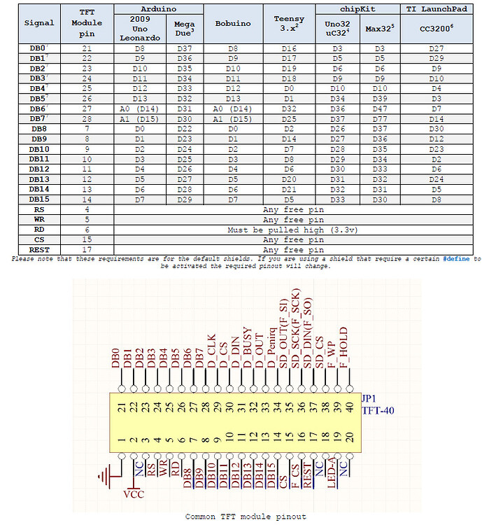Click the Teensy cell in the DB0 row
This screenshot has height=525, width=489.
[289, 48]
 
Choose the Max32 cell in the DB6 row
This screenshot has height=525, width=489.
[380, 108]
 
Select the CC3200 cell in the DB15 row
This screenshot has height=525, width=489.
[437, 199]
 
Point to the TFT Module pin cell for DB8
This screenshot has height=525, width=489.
[87, 129]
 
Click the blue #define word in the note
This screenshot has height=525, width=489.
[458, 258]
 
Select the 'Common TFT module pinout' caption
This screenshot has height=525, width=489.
[245, 517]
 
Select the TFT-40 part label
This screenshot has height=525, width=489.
[378, 410]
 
